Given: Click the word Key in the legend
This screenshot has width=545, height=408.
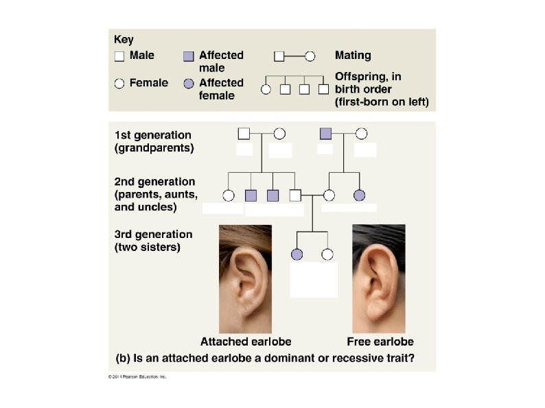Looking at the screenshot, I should tap(124, 40).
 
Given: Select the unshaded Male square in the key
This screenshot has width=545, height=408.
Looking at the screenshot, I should tap(119, 56).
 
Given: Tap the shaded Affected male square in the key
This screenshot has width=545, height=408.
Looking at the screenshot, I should tap(189, 56).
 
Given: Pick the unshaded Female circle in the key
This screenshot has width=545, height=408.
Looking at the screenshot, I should tap(119, 84).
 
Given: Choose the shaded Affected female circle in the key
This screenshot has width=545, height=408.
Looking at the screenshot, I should tap(189, 84).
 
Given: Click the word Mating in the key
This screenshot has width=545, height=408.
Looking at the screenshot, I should tap(353, 55).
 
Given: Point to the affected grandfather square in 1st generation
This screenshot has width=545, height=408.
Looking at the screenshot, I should tap(326, 134).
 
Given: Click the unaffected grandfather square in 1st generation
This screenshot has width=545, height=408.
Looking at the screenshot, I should tap(244, 134).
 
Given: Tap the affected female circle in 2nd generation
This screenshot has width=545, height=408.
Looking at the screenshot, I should tap(359, 195).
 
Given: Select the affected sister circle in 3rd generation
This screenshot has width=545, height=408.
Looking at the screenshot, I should tap(297, 254).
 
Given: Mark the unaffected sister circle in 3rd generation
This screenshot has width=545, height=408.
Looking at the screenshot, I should tap(327, 254).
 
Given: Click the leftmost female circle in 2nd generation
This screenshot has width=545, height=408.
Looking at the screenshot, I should tap(229, 195).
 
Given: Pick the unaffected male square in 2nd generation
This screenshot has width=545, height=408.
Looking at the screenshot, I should tap(294, 195).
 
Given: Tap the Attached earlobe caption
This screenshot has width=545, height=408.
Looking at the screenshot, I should tap(246, 341).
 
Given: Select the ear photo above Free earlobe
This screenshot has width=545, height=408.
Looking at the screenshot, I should tap(378, 278).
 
